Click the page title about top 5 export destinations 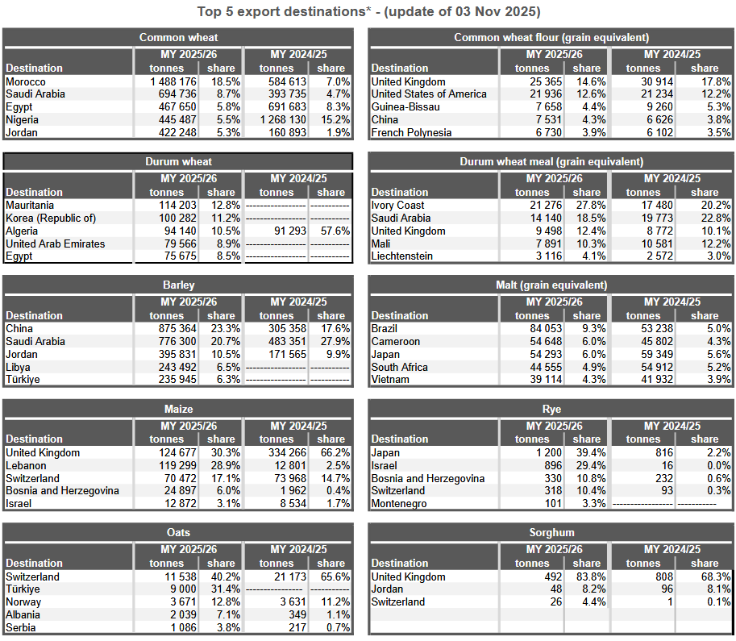(368, 12)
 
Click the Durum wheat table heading (178, 161)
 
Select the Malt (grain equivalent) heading (551, 285)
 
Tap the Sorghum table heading (551, 532)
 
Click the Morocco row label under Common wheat (26, 81)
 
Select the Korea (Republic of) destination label (51, 218)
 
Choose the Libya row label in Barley (18, 367)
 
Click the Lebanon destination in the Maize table (27, 465)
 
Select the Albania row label (24, 614)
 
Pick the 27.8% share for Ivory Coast (587, 205)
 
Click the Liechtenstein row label (402, 256)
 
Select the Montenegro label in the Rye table (400, 504)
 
